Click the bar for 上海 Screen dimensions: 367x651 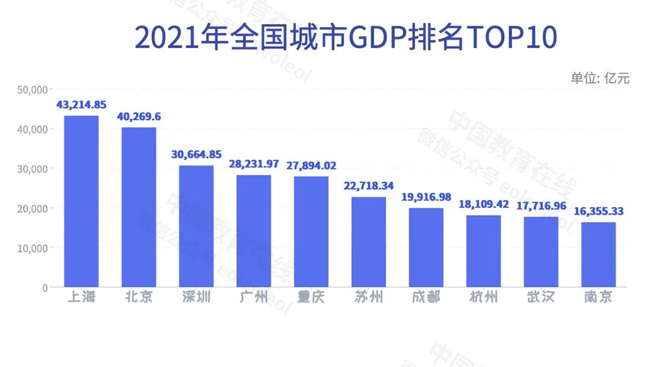[81, 201]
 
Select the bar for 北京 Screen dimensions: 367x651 [139, 207]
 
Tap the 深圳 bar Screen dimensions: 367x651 [196, 226]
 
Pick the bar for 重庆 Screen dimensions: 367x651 [311, 231]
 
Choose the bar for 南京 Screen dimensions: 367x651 [599, 254]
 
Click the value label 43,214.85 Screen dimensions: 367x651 [81, 105]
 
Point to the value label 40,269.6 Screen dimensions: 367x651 [139, 116]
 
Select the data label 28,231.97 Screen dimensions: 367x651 [254, 165]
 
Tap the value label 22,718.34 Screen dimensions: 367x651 [369, 186]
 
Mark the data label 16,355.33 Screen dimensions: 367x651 [599, 212]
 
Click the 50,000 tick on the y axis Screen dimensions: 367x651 [33, 90]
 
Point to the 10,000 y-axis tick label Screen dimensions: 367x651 [33, 248]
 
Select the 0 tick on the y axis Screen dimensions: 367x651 [44, 287]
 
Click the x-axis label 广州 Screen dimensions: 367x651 [254, 298]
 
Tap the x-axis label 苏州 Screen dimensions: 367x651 [369, 298]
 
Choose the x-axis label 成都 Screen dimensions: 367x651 [426, 298]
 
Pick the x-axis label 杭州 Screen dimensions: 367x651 [483, 298]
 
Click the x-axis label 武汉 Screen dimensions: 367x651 [541, 298]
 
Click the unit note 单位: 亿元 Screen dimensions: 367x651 [600, 78]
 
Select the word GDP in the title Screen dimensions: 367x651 [379, 38]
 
